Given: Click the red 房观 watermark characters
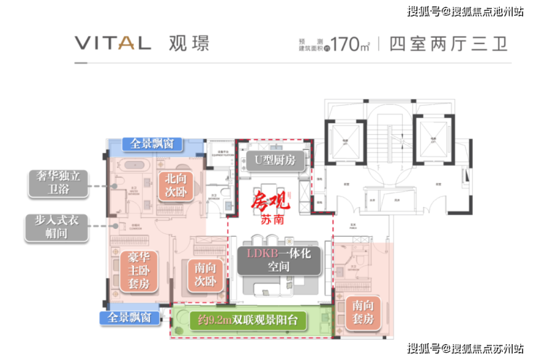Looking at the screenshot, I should [x=269, y=199].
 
